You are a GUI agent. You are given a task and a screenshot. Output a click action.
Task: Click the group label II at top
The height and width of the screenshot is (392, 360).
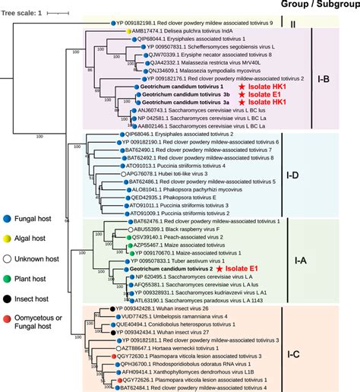pos(335,24)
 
